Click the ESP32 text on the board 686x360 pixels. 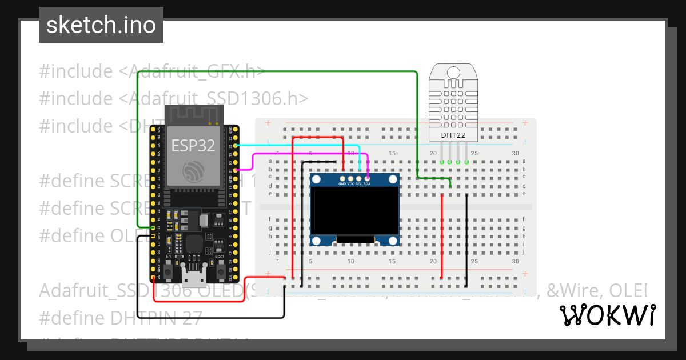coord(193,146)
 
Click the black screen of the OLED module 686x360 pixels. coord(354,211)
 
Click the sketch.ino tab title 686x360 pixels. coord(101,25)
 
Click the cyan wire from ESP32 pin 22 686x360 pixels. coord(297,146)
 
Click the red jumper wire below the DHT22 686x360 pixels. coord(442,234)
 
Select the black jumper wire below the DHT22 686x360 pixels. coord(467,234)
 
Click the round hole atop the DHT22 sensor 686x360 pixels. coord(452,72)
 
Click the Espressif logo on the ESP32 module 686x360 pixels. coord(193,171)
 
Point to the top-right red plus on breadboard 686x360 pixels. coord(525,123)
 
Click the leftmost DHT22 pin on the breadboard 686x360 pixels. coord(442,162)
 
